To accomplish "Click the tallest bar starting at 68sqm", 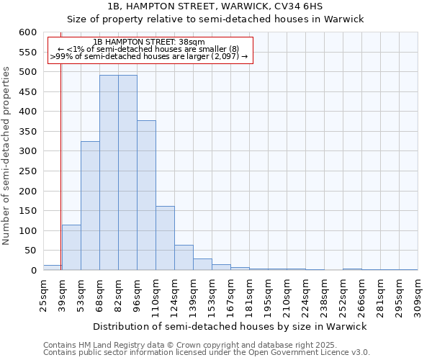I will [x=109, y=173].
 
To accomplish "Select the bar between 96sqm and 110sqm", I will [x=146, y=195].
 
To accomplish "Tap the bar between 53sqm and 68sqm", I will [x=90, y=206].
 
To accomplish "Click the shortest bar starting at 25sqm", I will [x=52, y=268].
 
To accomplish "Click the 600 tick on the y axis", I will [x=27, y=32].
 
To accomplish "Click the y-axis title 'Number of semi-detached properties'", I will [x=7, y=156].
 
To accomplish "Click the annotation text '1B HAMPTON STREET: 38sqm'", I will [x=149, y=42].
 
